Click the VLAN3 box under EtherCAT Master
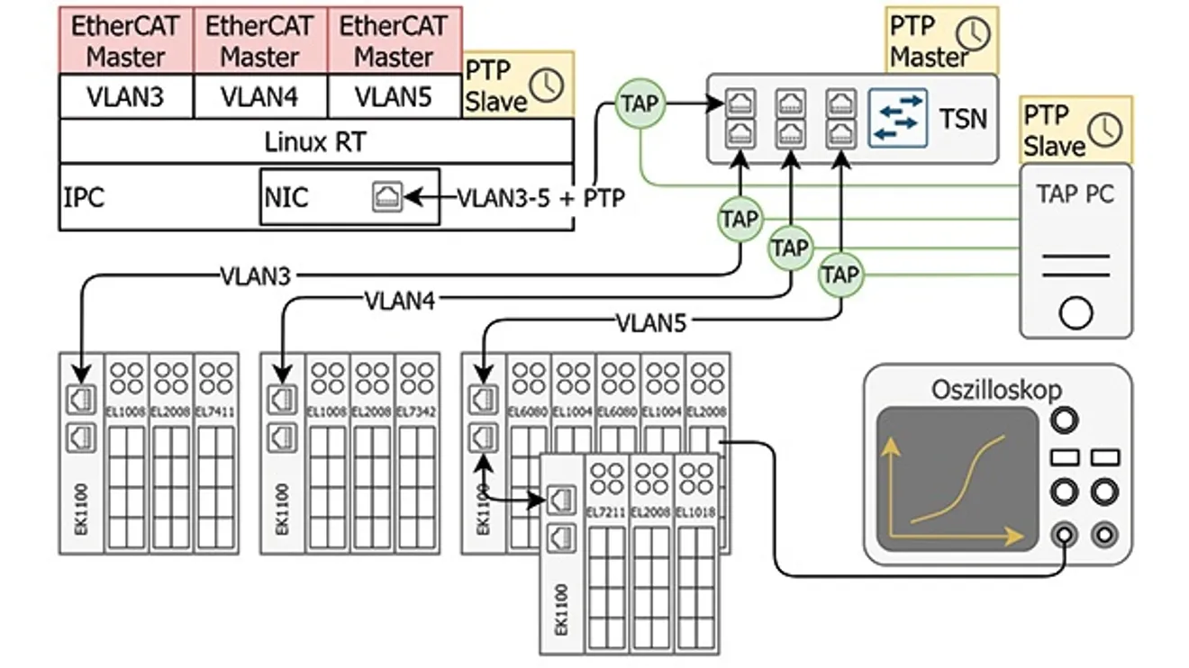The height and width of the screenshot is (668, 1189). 126,96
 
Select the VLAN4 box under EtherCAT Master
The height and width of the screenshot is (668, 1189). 260,96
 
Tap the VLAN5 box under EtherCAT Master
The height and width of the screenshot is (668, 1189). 395,96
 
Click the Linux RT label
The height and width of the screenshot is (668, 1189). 315,141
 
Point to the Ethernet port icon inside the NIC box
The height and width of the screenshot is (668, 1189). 387,196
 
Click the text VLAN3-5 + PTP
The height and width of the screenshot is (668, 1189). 540,197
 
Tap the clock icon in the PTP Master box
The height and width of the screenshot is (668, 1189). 973,33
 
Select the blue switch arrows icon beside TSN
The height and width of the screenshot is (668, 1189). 898,117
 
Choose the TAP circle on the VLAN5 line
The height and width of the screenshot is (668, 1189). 840,275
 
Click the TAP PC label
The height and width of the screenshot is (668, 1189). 1076,193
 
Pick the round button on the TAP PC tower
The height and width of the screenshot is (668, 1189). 1076,313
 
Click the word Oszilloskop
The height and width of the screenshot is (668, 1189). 996,390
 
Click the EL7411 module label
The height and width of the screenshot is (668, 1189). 216,411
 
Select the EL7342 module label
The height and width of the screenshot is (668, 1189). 417,411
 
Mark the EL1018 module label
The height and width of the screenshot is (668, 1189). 696,511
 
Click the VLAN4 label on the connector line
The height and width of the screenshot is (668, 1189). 399,300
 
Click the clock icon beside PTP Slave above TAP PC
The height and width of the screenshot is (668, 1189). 1105,130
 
